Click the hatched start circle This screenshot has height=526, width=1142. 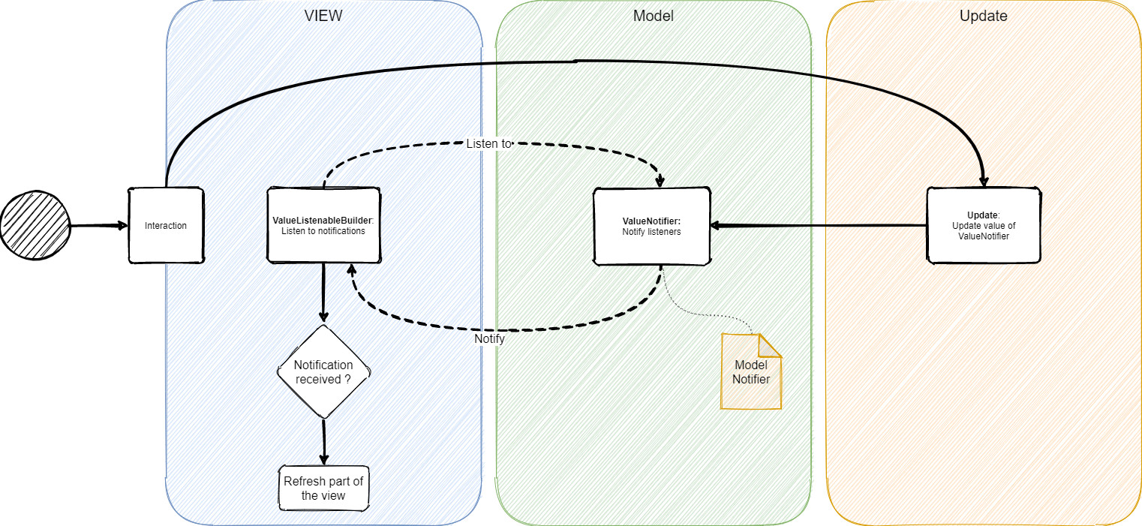35,225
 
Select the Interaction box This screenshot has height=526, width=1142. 166,226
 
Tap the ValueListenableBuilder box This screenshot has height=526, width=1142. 323,226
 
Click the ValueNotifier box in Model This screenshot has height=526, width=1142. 651,227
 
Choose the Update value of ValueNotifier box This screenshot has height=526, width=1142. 984,225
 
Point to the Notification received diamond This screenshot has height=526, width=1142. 323,371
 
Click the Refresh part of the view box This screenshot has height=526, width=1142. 323,488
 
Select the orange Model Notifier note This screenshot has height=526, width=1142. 750,372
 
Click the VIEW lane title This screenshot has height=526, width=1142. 323,16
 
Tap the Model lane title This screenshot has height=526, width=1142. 653,16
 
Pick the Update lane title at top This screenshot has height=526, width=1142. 983,16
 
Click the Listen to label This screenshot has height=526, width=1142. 488,143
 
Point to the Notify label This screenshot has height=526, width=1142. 489,339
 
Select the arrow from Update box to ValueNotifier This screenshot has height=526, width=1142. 818,225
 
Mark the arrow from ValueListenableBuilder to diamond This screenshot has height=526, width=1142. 323,293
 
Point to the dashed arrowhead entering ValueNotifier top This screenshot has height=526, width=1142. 660,181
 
